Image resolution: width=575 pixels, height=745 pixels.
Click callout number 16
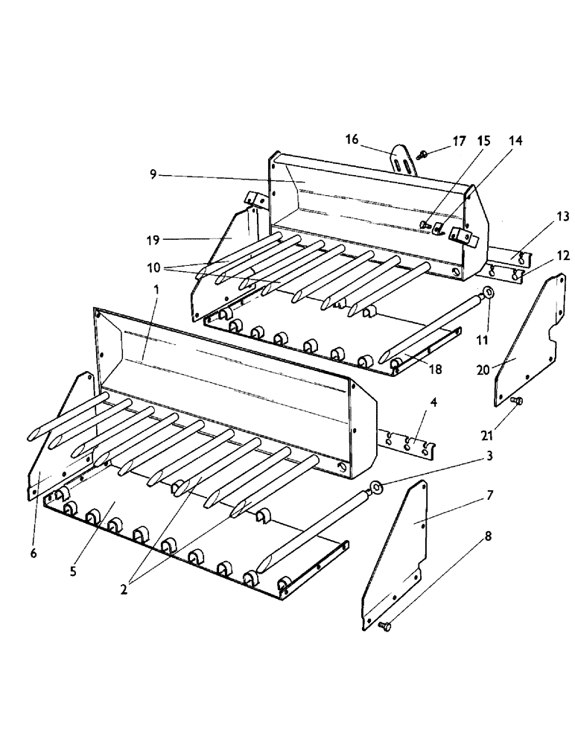(x=352, y=139)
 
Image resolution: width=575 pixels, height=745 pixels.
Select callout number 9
(x=153, y=174)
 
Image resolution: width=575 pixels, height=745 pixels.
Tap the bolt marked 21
(x=518, y=402)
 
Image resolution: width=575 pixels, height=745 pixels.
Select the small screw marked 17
(x=423, y=154)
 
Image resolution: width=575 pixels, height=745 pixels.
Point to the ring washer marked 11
(x=488, y=292)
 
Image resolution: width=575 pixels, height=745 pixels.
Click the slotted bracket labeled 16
(x=403, y=159)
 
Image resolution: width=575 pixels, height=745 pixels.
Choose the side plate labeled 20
(x=526, y=339)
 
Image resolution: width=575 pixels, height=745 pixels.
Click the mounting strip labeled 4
(x=409, y=445)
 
